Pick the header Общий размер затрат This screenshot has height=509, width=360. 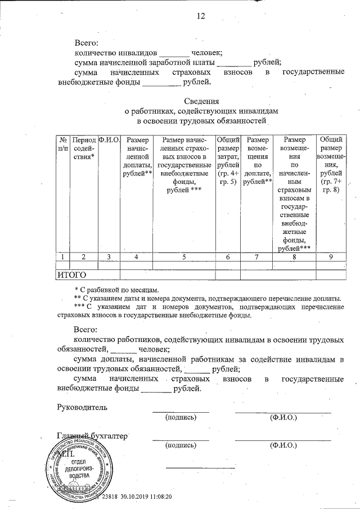click(228, 160)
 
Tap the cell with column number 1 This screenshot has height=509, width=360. click(63, 256)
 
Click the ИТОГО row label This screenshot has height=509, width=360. click(72, 275)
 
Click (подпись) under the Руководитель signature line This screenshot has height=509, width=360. click(180, 417)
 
